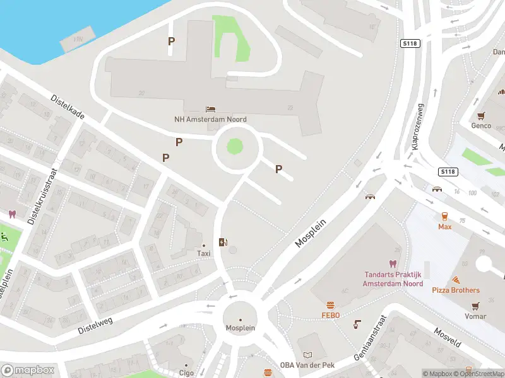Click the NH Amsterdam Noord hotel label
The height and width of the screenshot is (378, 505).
pyautogui.click(x=210, y=119)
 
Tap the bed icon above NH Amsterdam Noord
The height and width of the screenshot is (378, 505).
pyautogui.click(x=210, y=109)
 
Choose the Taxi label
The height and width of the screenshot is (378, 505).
pyautogui.click(x=203, y=253)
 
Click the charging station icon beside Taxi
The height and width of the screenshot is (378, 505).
pyautogui.click(x=222, y=242)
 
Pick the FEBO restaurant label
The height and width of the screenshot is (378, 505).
pyautogui.click(x=330, y=315)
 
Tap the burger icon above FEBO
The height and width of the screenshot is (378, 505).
pyautogui.click(x=330, y=305)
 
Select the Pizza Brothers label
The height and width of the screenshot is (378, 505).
pyautogui.click(x=455, y=290)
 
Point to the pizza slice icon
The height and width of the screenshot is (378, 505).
pyautogui.click(x=455, y=280)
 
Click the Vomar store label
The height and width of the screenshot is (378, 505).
pyautogui.click(x=475, y=316)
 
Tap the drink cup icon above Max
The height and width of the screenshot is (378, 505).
pyautogui.click(x=444, y=215)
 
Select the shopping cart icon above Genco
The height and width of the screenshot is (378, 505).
pyautogui.click(x=481, y=115)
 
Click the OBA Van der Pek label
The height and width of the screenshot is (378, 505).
pyautogui.click(x=307, y=365)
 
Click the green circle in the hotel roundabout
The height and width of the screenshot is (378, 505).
pyautogui.click(x=235, y=147)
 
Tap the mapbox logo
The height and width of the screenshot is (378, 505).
pyautogui.click(x=28, y=370)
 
